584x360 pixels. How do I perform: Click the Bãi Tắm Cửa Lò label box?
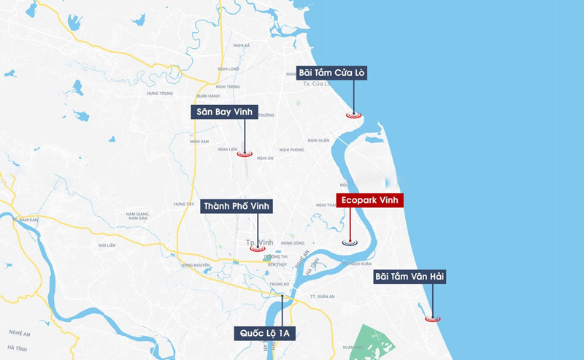pos(331,73)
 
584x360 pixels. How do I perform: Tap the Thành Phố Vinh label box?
pos(237,207)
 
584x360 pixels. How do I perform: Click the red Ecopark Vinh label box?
pos(369,200)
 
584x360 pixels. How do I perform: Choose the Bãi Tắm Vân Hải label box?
pos(410,277)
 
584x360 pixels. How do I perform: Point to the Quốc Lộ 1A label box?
pos(265,334)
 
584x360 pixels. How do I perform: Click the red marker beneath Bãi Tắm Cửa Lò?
pos(354,115)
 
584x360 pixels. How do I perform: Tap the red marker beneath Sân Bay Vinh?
pos(245,153)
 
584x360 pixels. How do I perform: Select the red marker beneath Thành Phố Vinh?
pos(257,248)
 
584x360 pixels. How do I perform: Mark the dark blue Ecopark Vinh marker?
pos(350,242)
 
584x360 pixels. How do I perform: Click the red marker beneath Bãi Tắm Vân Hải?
pos(433,318)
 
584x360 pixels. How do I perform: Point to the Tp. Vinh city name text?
pos(258,240)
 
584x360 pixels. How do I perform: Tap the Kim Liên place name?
pos(107,246)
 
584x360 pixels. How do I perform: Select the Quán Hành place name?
pos(208,96)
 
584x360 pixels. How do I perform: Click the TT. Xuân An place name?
pos(322,296)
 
